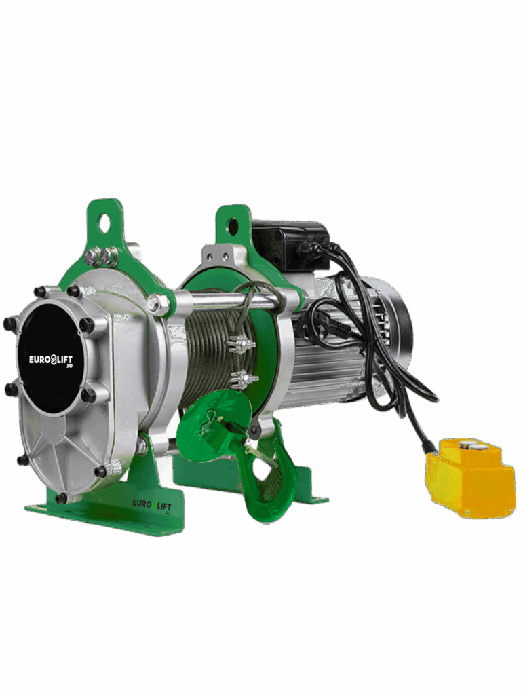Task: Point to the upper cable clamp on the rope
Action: pyautogui.click(x=242, y=343)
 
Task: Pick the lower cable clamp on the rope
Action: pyautogui.click(x=244, y=379)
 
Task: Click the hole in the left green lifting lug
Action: pyautogui.click(x=105, y=221)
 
